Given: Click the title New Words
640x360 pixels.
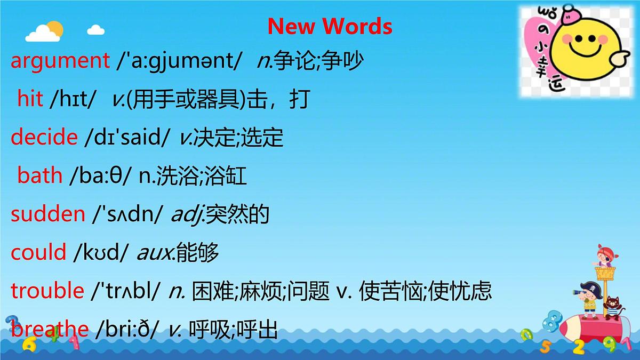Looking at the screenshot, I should tap(330, 26).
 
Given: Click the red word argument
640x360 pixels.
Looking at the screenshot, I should tap(60, 61).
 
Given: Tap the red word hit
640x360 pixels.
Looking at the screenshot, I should tap(30, 99).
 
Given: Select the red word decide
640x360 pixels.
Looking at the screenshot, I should tap(44, 137).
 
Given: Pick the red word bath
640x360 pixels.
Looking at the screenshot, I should tap(40, 175).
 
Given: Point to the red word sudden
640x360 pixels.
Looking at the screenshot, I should tap(48, 214).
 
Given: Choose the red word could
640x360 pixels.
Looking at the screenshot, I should tap(38, 252).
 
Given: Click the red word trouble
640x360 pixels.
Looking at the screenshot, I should tap(47, 291).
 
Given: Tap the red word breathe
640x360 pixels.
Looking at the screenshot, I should tap(50, 329).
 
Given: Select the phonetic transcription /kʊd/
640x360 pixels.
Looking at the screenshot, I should tap(101, 252).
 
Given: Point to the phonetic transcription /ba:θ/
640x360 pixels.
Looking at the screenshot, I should tap(101, 175).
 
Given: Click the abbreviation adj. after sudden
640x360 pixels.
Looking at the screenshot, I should tap(187, 214).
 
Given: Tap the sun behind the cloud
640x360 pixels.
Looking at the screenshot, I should tap(54, 27).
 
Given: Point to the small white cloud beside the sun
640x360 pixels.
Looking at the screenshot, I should tap(95, 29).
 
